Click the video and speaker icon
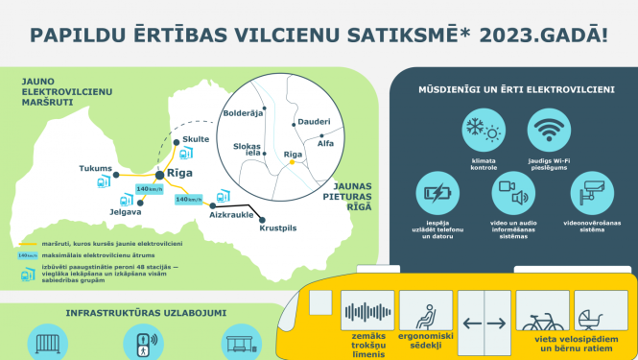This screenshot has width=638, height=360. (x=512, y=191)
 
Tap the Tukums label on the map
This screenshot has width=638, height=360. (x=95, y=168)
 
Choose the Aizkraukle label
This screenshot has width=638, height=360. (x=232, y=216)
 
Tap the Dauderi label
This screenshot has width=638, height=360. (x=314, y=122)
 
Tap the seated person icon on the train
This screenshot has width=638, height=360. (x=424, y=313)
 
